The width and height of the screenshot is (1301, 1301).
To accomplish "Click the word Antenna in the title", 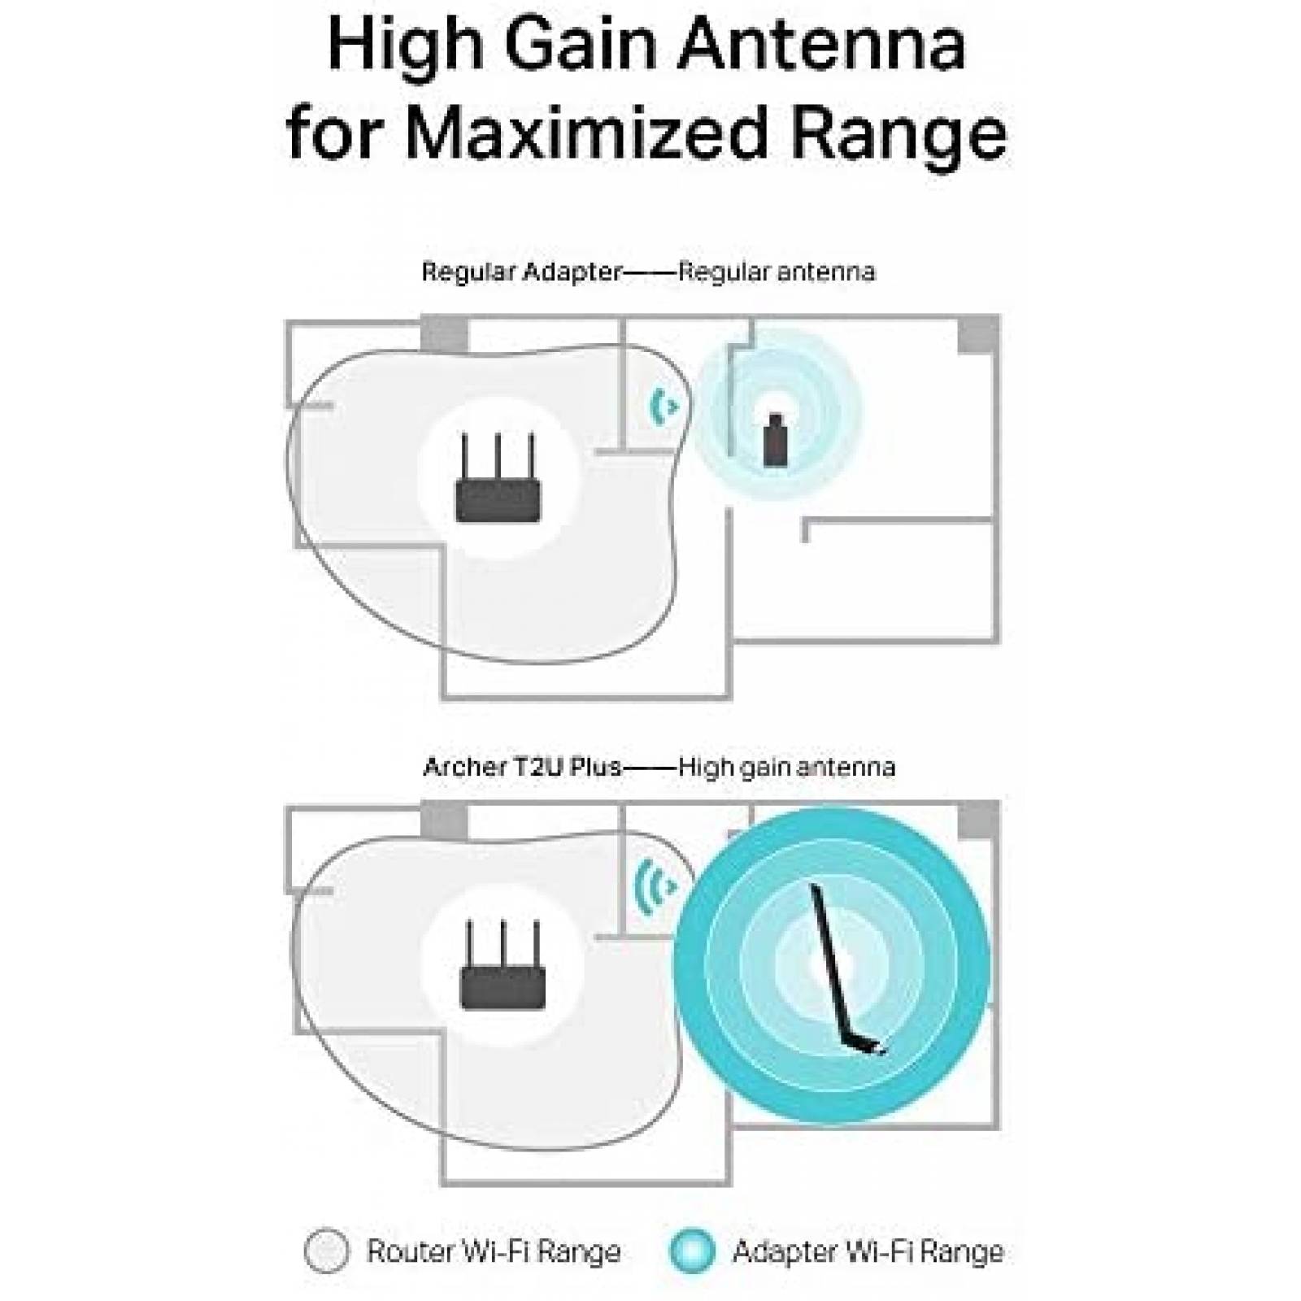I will [x=821, y=46].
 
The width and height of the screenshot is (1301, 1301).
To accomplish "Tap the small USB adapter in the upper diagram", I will [x=774, y=440].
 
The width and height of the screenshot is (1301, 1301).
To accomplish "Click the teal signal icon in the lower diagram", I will [x=655, y=885].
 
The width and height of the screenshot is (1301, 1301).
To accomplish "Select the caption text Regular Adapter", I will [x=521, y=272].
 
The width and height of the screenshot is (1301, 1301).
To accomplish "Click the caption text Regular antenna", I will [x=777, y=272].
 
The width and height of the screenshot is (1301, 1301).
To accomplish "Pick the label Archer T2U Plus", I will [x=522, y=767].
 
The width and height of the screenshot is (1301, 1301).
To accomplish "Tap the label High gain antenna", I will [x=786, y=767].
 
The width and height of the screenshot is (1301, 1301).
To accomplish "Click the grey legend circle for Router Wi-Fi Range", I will [x=327, y=1251].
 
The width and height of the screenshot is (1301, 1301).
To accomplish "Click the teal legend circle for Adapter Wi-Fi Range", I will [x=693, y=1251].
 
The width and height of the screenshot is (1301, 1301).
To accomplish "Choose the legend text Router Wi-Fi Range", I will [x=494, y=1251].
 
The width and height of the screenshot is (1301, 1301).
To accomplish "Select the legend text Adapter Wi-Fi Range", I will [x=868, y=1251].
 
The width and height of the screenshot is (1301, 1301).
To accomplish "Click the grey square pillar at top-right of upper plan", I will [x=978, y=334].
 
